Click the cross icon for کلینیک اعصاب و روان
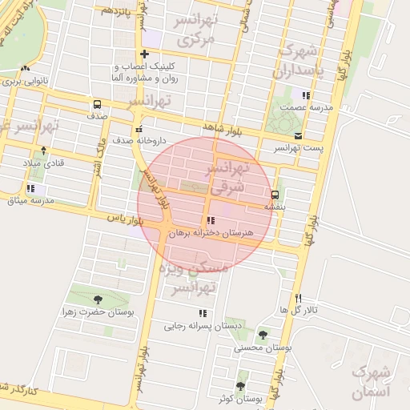click(x=144, y=54)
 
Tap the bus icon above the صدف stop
click(x=97, y=104)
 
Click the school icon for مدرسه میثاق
click(x=30, y=188)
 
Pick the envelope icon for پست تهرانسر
click(x=299, y=137)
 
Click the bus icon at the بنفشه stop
click(x=275, y=195)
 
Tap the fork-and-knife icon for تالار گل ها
click(x=298, y=296)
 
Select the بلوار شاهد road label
click(x=223, y=127)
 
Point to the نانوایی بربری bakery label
click(x=26, y=82)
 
